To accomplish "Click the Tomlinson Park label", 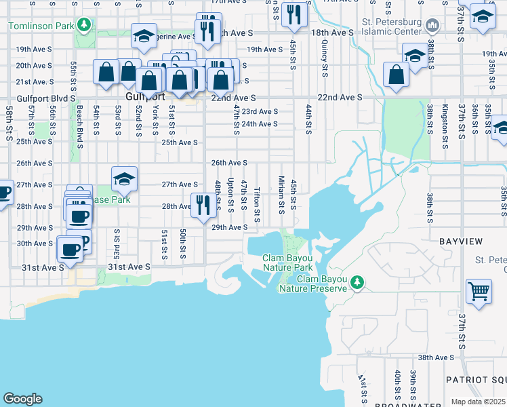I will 41,26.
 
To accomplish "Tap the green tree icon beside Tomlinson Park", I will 84,26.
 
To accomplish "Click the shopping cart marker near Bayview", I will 479,292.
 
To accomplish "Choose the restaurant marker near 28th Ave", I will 203,205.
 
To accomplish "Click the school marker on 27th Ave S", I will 124,180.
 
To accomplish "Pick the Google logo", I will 22,399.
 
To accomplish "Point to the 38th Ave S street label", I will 435,357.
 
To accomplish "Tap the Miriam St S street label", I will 281,193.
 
